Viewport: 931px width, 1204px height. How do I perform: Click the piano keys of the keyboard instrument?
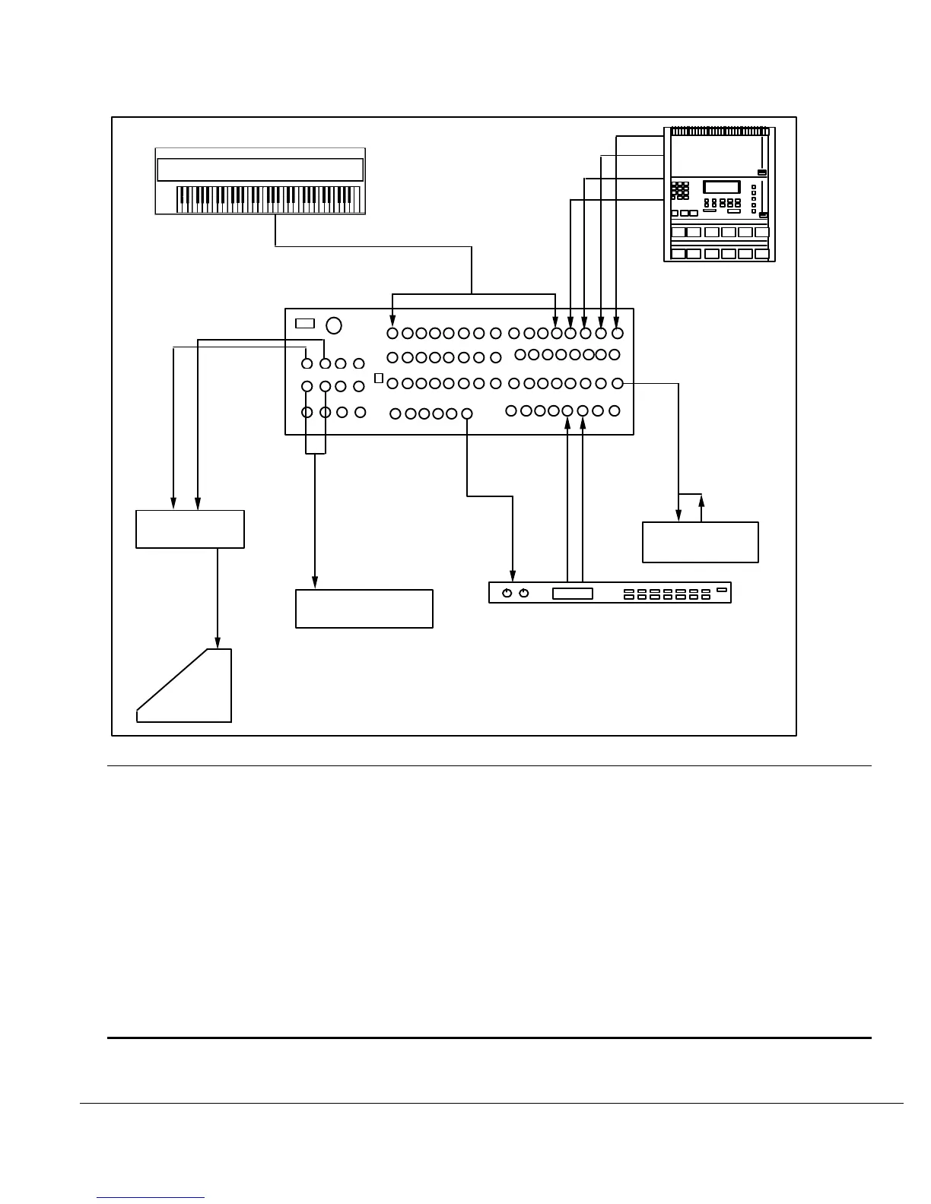coord(268,199)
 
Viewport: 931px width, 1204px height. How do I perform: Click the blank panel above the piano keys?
coord(259,170)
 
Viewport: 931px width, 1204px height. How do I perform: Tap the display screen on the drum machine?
coord(722,187)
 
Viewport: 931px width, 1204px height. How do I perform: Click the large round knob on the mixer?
coord(333,325)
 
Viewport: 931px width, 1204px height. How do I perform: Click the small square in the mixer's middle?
coord(379,379)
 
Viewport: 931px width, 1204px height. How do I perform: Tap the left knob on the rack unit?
coord(507,593)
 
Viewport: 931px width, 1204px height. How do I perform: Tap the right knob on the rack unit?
coord(523,593)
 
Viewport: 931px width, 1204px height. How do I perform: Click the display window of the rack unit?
coord(572,593)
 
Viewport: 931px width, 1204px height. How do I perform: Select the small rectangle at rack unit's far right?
coord(721,589)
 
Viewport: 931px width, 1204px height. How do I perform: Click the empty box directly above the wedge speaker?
coord(190,529)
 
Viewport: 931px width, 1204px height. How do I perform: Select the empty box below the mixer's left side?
coord(364,608)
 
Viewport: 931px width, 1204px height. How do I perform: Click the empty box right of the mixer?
coord(700,542)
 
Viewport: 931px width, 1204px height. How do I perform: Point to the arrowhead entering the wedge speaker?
coord(218,644)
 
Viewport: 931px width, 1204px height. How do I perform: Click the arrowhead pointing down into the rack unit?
coord(513,576)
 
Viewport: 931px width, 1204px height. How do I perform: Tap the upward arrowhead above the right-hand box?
coord(701,499)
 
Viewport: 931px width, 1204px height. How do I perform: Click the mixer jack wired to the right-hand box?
coord(618,384)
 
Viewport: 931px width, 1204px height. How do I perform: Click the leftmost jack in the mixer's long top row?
coord(392,333)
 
